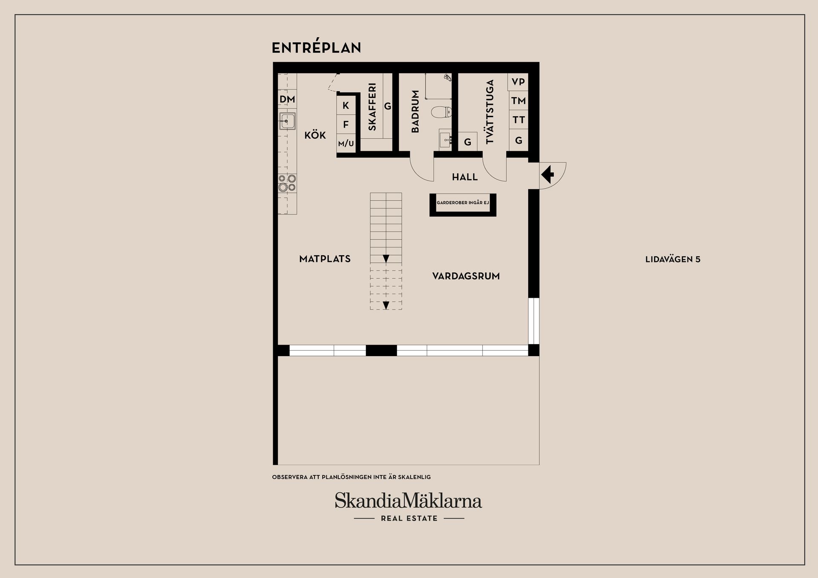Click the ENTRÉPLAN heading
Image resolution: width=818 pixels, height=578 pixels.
[x=317, y=47]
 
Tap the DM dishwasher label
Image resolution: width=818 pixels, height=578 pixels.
[x=287, y=100]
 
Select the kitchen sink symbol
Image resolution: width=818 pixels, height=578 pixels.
[x=288, y=121]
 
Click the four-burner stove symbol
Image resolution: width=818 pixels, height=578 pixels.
[x=288, y=183]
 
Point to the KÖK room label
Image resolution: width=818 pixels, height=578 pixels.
[x=315, y=135]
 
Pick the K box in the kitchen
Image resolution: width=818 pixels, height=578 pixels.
[x=346, y=105]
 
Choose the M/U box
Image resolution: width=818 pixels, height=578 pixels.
[x=346, y=144]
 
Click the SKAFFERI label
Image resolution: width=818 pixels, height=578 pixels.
[x=372, y=106]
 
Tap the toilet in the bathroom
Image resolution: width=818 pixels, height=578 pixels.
[x=441, y=112]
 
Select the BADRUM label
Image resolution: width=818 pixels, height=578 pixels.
[x=415, y=111]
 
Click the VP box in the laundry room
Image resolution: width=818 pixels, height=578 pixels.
[x=518, y=82]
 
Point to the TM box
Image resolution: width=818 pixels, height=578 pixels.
[x=518, y=101]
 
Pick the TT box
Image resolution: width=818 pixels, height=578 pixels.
[x=518, y=120]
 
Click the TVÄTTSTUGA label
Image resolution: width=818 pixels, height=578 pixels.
[x=490, y=112]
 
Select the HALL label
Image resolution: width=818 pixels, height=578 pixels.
[x=465, y=177]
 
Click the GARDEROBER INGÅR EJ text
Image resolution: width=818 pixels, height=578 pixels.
[x=463, y=203]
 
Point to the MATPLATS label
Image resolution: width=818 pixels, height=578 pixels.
[x=325, y=259]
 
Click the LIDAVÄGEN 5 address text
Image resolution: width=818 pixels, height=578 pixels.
[x=673, y=259]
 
